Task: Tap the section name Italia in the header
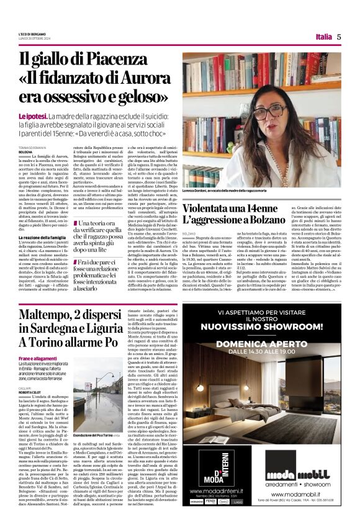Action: (323, 37)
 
